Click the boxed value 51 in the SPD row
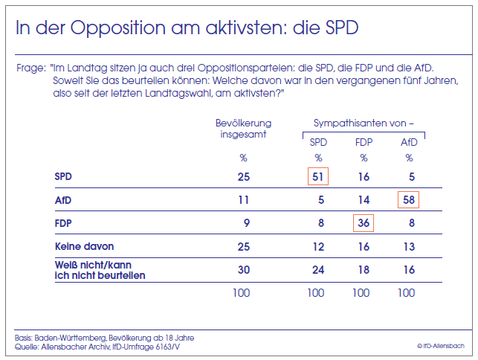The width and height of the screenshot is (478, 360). point(317,177)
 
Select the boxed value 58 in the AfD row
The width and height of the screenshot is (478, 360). point(408,200)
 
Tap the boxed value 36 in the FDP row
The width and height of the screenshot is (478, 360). point(363,223)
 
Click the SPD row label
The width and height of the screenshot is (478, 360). point(64,177)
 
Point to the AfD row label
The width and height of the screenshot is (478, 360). point(64,200)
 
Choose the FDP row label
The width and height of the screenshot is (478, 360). point(64,223)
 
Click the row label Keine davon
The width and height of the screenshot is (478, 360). point(85,246)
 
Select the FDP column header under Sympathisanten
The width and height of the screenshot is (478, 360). point(363,141)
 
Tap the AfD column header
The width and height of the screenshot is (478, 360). point(408,141)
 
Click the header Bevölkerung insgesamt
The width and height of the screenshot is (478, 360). point(243,128)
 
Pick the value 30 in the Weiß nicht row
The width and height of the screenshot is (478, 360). point(243,270)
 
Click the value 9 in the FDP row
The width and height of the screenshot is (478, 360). point(245,223)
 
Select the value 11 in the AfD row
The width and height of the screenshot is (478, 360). point(243,200)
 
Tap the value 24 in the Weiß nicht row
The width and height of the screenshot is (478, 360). point(317,270)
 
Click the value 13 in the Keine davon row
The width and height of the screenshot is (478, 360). point(408,246)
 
